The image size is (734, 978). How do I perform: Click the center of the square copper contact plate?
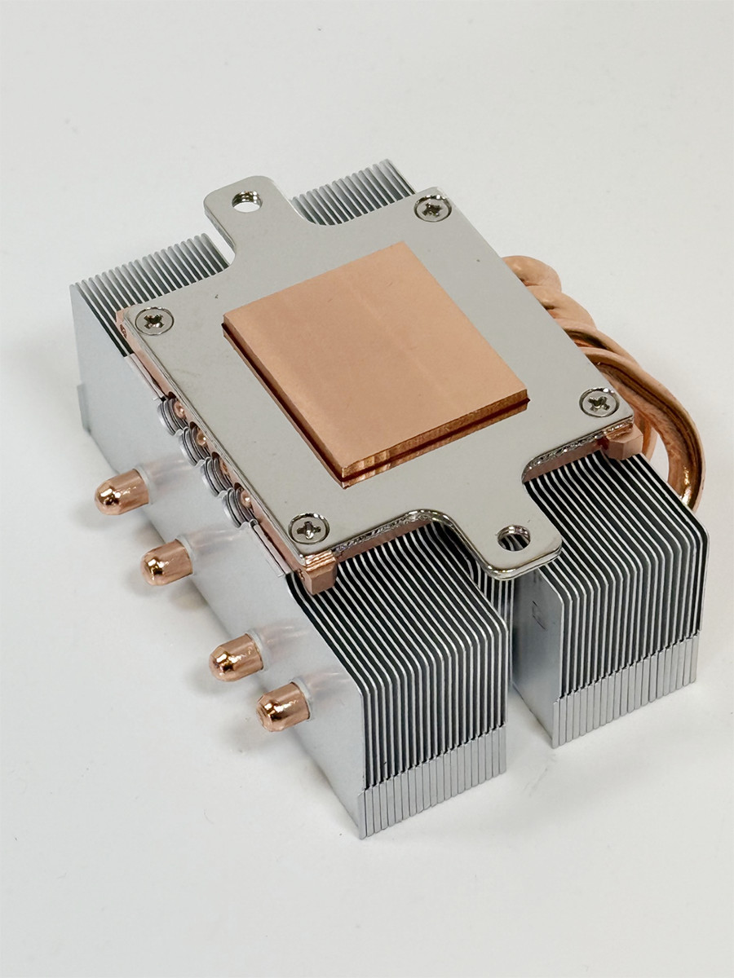coord(375,359)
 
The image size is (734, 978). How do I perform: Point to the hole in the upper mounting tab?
coord(243,198)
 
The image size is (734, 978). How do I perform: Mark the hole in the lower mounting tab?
coord(515,536)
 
